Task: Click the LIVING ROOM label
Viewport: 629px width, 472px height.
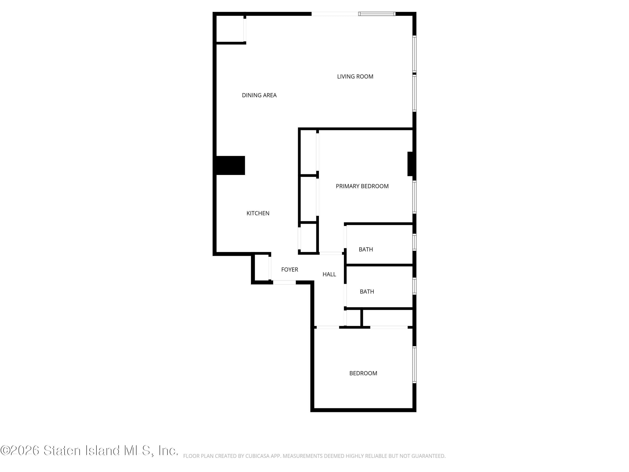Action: point(355,77)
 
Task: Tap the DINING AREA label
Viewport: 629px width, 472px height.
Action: point(259,95)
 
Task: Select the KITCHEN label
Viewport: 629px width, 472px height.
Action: point(258,213)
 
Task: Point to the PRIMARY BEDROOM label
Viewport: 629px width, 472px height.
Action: point(362,186)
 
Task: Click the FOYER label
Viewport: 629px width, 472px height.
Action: point(290,269)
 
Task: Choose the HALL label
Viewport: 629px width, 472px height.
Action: point(329,274)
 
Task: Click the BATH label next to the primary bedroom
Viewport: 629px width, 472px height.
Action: point(366,249)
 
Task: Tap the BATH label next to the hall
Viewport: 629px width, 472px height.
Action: point(367,292)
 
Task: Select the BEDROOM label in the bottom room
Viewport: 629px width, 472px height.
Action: point(363,373)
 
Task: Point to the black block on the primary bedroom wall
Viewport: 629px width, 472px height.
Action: point(410,164)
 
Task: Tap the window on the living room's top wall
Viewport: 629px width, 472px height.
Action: point(377,14)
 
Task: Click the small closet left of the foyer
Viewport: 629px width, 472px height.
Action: point(261,268)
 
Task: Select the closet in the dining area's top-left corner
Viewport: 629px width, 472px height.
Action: point(230,29)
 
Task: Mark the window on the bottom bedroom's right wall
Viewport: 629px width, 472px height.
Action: point(414,364)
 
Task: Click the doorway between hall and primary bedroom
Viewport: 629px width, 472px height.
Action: point(330,253)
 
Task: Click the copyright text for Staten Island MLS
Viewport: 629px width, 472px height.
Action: point(89,450)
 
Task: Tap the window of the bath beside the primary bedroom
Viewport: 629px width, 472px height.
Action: point(414,242)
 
